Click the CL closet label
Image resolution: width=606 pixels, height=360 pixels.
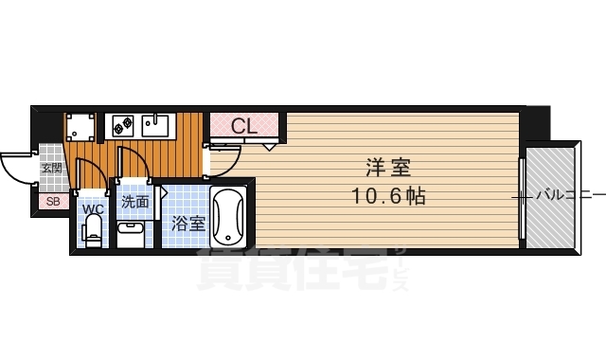243,125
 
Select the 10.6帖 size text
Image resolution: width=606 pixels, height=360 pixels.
387,196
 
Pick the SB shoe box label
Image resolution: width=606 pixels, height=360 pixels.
51,201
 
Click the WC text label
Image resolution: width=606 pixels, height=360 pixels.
92,208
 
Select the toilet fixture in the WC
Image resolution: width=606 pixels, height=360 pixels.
92,230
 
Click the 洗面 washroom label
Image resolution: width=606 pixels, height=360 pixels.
134,202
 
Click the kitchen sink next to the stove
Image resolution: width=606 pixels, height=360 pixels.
156,124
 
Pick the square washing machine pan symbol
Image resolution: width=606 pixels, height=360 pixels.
80,126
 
